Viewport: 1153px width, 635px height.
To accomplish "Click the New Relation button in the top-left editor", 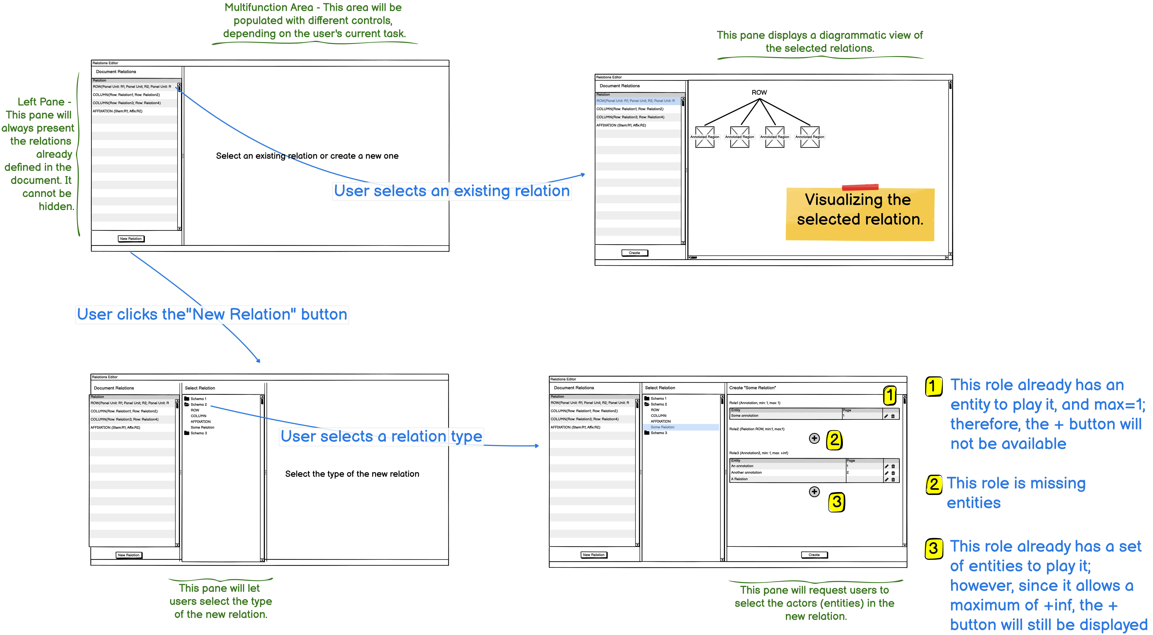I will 131,239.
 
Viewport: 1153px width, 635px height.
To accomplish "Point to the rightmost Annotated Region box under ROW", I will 810,137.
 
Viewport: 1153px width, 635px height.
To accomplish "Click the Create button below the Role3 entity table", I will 814,555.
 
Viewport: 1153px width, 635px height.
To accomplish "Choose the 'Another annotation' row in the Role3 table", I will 747,472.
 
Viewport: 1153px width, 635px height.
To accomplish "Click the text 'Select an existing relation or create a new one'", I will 307,156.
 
